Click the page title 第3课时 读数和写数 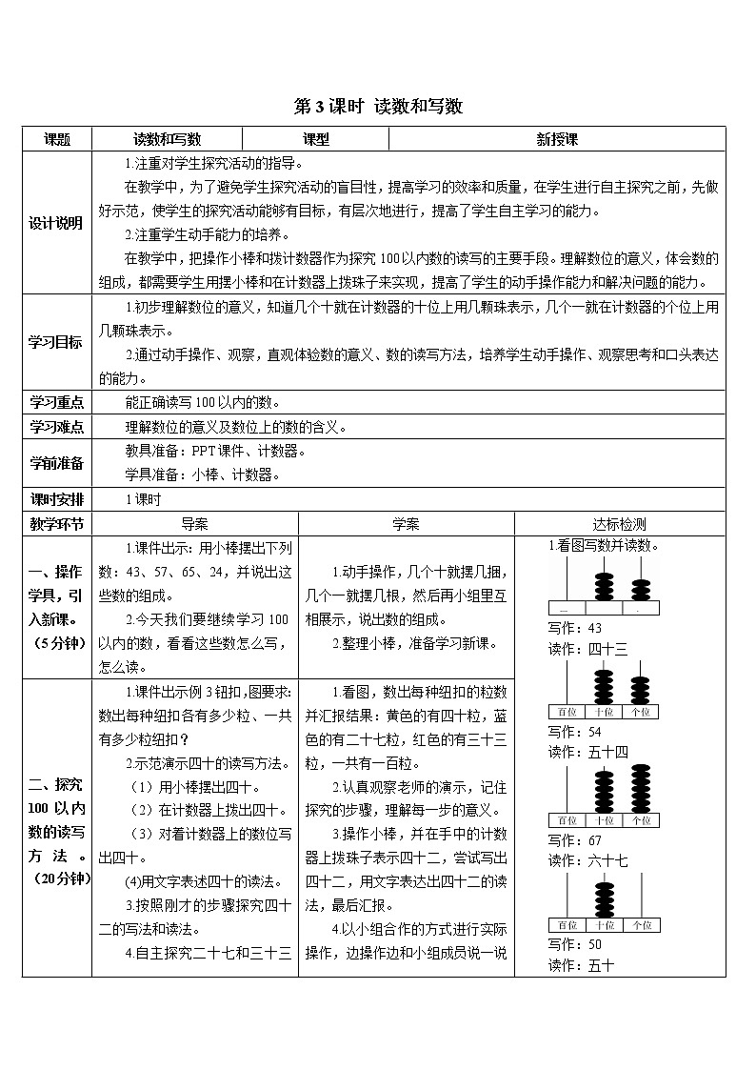(378, 107)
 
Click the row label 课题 (57, 139)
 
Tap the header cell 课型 (316, 139)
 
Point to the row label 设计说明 (57, 223)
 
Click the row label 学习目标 (57, 342)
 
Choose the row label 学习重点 (57, 402)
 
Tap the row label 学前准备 (57, 462)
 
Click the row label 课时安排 (57, 498)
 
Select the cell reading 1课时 (144, 498)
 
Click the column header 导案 (195, 523)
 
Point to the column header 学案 (406, 523)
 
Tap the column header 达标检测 (619, 523)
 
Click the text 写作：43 (575, 628)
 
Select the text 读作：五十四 (588, 752)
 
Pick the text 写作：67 (575, 839)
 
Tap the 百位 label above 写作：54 (567, 712)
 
